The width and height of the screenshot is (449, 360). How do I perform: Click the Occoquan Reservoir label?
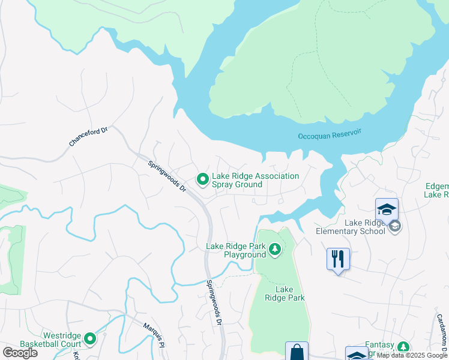pos(331,136)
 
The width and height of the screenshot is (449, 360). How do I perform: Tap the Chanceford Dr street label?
pos(88,136)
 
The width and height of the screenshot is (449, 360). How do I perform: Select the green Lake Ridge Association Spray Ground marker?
pos(203,179)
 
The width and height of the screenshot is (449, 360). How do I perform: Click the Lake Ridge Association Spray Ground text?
pos(256,180)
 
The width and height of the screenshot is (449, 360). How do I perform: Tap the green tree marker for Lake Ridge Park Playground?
pos(275,249)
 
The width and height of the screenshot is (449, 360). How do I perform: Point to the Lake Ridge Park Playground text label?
pos(236,250)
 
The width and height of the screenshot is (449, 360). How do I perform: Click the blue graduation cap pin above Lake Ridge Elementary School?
pos(387,210)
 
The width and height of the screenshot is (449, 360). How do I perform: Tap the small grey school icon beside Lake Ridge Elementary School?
pos(394,226)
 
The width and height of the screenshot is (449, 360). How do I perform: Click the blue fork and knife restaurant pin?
pos(338,259)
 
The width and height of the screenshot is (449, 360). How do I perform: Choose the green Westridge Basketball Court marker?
pos(91,339)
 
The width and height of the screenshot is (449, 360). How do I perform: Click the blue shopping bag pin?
pos(297,352)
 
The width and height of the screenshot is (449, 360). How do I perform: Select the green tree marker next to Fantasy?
pos(403,347)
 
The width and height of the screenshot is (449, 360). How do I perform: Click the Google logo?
pos(20,353)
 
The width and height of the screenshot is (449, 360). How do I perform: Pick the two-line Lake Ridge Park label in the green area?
pos(286,293)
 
